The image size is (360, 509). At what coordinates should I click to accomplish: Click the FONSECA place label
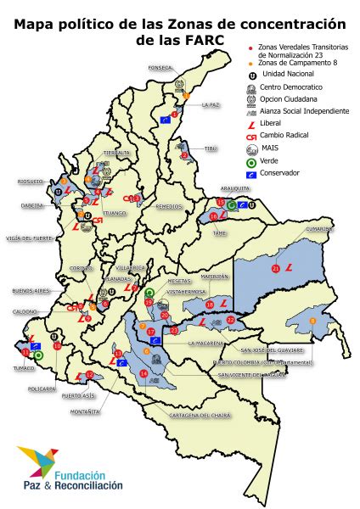160,67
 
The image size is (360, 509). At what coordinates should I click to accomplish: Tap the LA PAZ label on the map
211,105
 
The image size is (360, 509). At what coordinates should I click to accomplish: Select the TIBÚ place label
210,148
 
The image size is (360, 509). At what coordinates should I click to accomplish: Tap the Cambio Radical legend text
285,135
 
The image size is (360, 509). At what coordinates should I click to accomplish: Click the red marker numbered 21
275,268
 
